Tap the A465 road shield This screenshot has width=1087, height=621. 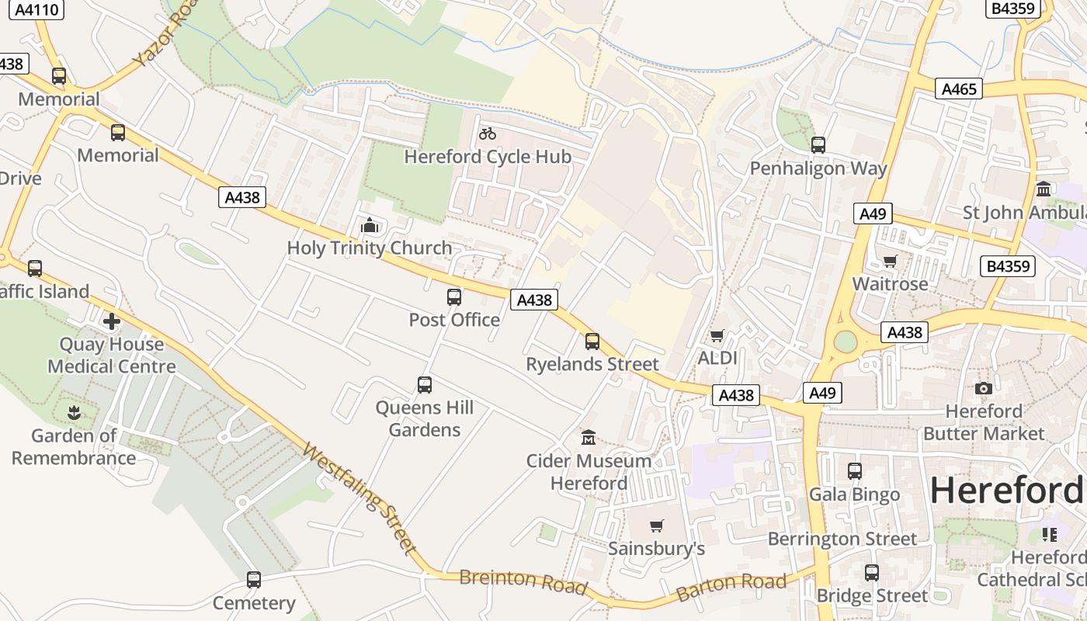click(x=958, y=88)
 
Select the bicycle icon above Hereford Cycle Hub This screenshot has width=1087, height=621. click(x=488, y=134)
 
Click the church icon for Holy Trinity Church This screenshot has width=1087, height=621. click(x=370, y=225)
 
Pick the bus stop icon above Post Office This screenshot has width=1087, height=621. click(x=454, y=297)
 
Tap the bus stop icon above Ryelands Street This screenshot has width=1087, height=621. click(x=592, y=341)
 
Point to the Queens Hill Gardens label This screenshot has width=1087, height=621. click(x=424, y=418)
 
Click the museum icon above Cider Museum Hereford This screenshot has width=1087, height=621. click(x=589, y=438)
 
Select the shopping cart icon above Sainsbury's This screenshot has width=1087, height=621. click(x=657, y=526)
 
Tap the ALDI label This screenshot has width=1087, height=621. click(x=717, y=358)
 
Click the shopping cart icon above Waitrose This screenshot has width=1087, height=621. click(x=891, y=261)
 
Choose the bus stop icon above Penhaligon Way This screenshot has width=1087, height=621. click(x=818, y=145)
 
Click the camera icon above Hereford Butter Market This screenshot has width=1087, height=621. click(x=984, y=388)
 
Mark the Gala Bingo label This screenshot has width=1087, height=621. click(x=854, y=494)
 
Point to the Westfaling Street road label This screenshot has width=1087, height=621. click(x=359, y=498)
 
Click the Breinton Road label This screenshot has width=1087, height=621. click(x=523, y=581)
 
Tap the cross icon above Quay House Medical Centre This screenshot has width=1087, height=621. click(x=112, y=321)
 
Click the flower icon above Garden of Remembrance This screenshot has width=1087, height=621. click(x=75, y=412)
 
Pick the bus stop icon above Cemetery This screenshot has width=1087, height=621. click(x=254, y=580)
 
